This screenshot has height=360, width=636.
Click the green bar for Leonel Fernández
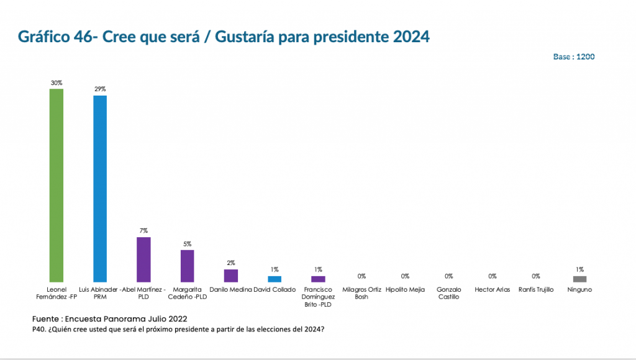point(57,185)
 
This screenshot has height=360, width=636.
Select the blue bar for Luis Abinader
point(100,189)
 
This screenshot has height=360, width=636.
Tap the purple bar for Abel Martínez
point(143,259)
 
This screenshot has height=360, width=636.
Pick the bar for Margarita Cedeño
point(187,266)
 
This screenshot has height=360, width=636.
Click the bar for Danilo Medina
point(230,276)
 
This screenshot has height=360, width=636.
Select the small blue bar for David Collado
point(275,279)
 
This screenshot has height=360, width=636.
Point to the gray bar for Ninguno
point(579,279)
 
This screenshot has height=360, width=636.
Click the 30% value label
point(57,83)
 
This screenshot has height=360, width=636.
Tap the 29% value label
point(100,89)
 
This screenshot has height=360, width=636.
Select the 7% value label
point(143,231)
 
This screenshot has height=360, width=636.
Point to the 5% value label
point(187,244)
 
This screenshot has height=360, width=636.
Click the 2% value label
point(230,263)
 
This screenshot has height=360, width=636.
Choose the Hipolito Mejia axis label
point(405,290)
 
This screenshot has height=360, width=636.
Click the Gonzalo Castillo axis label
point(448,294)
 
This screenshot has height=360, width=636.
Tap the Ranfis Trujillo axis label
point(536,290)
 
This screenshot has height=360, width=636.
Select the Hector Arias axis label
point(493,290)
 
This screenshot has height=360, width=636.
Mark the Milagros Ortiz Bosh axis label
point(361,294)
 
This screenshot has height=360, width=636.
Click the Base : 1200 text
point(574,56)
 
